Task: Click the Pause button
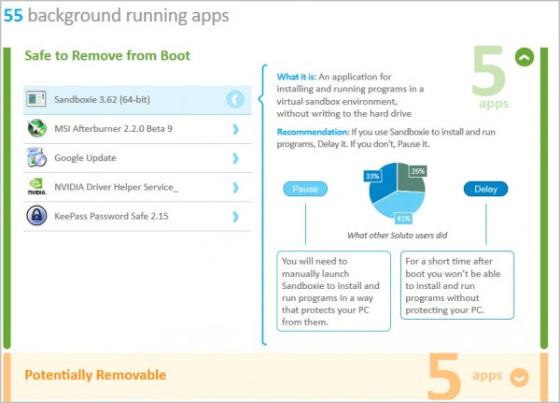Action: tap(306, 189)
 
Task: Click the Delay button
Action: tap(485, 189)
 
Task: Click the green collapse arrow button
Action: tap(525, 57)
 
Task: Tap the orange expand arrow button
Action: tap(520, 377)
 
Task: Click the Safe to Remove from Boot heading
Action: tap(107, 56)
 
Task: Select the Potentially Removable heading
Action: tap(95, 375)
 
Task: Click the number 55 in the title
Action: tap(13, 16)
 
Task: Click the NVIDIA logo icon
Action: tap(36, 187)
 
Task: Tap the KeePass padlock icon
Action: tap(36, 216)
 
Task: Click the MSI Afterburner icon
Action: tap(36, 128)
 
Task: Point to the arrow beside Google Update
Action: tap(235, 157)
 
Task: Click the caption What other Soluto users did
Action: tap(396, 235)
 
